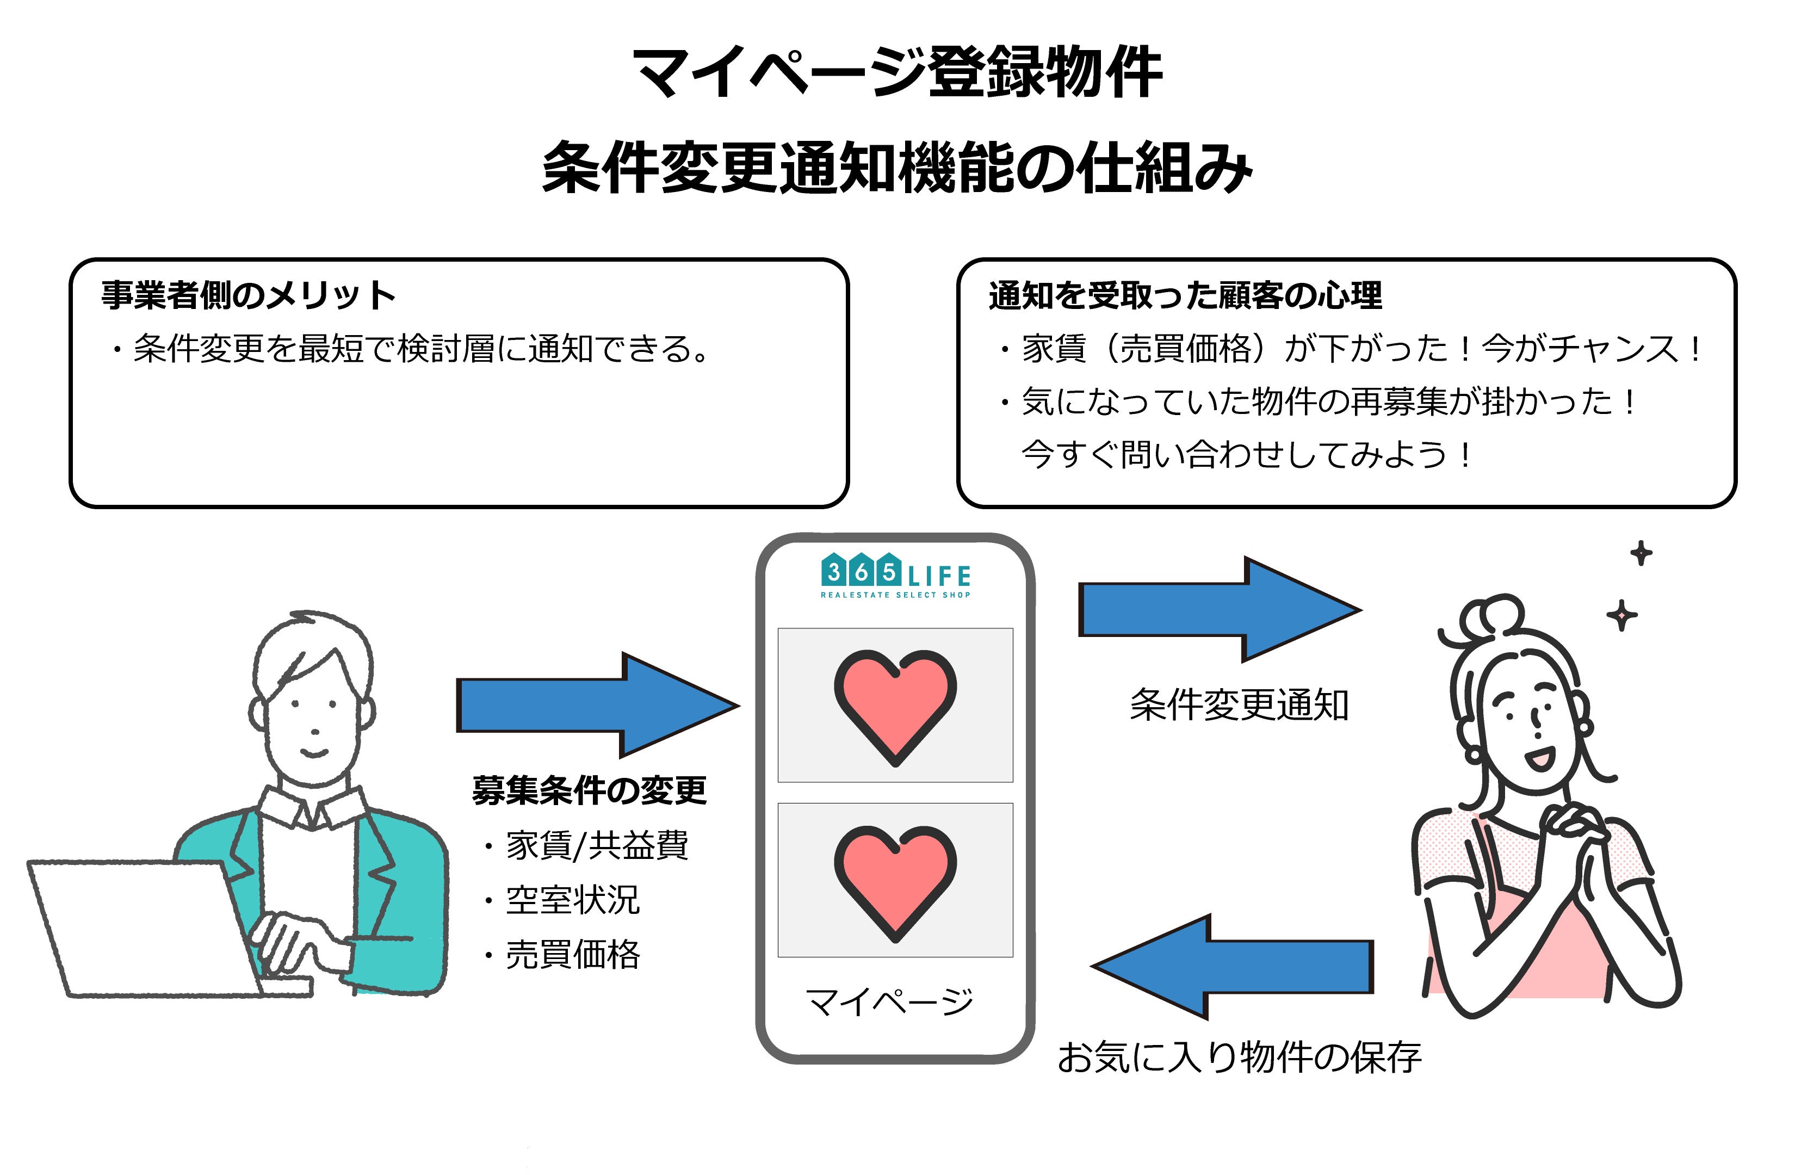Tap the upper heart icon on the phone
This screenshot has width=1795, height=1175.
895,705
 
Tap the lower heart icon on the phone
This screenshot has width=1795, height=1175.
895,881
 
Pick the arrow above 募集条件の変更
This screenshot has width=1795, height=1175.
596,705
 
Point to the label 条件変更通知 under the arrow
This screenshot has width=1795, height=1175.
1239,705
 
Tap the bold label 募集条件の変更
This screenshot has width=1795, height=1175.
589,790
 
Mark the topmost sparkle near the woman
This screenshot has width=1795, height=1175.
1641,554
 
